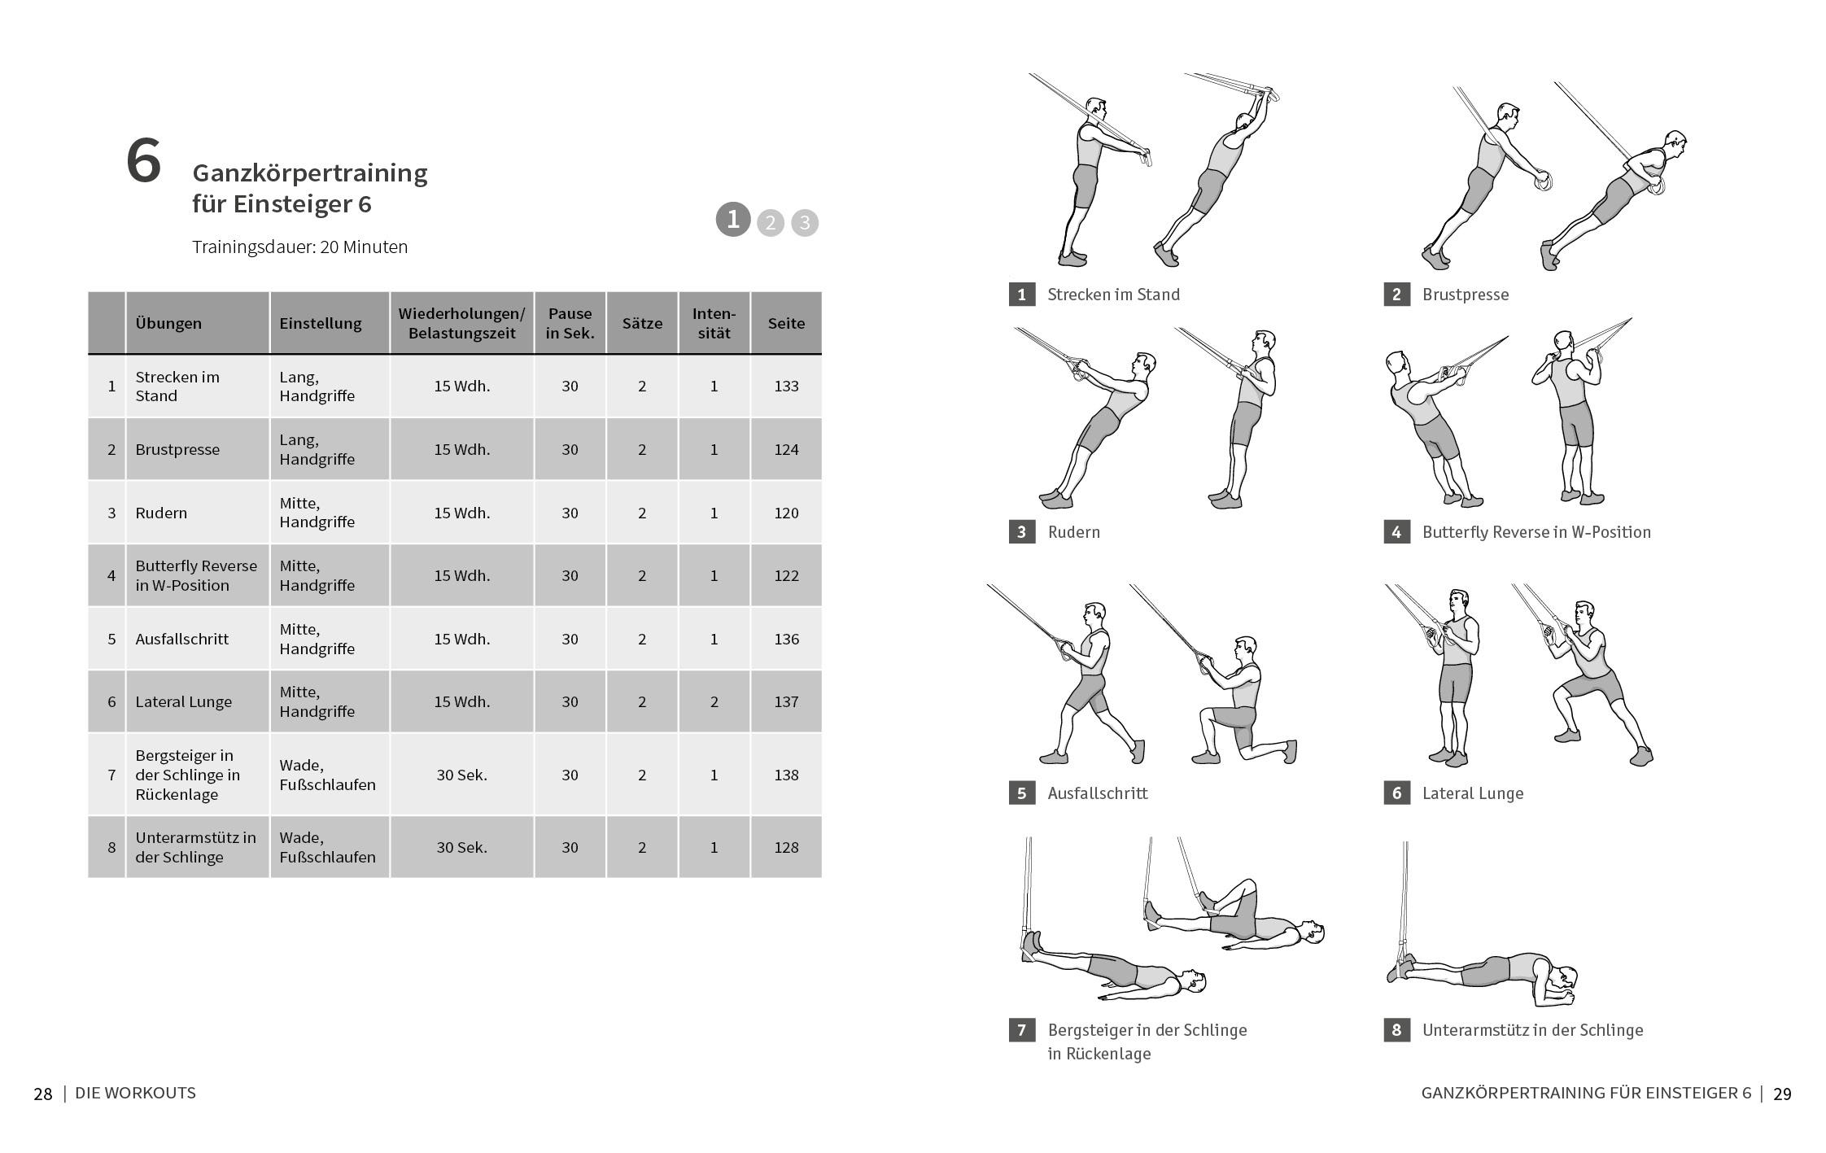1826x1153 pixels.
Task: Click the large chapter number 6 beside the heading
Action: click(x=143, y=162)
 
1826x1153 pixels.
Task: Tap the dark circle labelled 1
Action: click(x=732, y=219)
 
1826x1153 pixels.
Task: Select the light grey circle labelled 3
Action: click(x=804, y=222)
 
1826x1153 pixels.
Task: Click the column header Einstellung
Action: click(x=320, y=323)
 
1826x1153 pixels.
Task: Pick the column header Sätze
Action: click(x=641, y=323)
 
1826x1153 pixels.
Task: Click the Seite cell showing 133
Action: click(x=785, y=387)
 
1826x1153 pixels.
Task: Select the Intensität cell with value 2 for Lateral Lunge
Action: click(x=714, y=701)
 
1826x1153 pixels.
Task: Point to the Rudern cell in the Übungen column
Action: click(x=161, y=513)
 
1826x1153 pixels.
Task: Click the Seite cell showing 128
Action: click(x=785, y=847)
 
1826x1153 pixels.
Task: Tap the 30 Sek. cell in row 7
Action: click(x=461, y=775)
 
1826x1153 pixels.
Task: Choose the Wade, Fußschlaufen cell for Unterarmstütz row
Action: click(x=327, y=847)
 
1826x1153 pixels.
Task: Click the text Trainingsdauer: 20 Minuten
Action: click(x=299, y=247)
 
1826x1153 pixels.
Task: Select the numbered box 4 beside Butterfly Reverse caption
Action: click(x=1396, y=532)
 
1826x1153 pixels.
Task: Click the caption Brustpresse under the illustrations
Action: click(x=1465, y=295)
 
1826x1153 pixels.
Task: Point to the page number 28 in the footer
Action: click(x=43, y=1094)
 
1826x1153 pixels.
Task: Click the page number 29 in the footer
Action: click(x=1781, y=1094)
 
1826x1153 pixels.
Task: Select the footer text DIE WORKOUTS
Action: click(x=135, y=1093)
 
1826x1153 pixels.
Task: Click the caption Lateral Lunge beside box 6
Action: click(x=1472, y=793)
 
